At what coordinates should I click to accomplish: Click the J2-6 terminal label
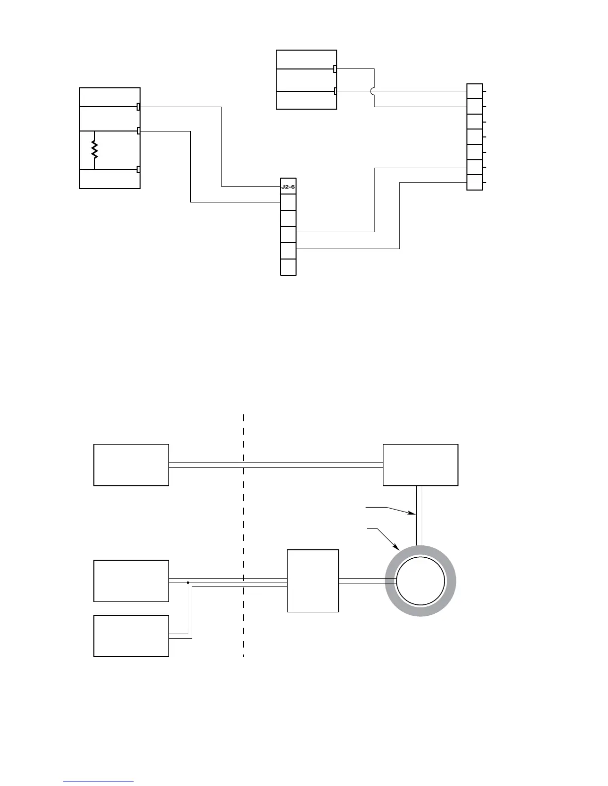pos(288,186)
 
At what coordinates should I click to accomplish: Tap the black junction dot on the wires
pos(188,583)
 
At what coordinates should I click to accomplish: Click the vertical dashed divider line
pos(243,536)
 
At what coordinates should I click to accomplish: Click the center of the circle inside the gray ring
pos(421,581)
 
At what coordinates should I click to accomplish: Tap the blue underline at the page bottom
pos(98,782)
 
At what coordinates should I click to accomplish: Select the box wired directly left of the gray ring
pos(313,581)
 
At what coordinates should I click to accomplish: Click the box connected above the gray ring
pos(421,465)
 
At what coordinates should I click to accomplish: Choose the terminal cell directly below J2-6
pos(288,202)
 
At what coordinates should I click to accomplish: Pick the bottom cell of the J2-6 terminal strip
pos(288,267)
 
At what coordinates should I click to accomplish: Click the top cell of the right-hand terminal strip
pos(474,91)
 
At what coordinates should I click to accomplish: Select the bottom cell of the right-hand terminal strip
pos(474,183)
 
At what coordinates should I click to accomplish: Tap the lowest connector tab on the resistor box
pos(139,170)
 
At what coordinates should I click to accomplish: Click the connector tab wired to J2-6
pos(139,107)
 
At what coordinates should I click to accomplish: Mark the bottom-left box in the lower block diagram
pos(131,636)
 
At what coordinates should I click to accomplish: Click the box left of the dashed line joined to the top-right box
pos(131,465)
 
